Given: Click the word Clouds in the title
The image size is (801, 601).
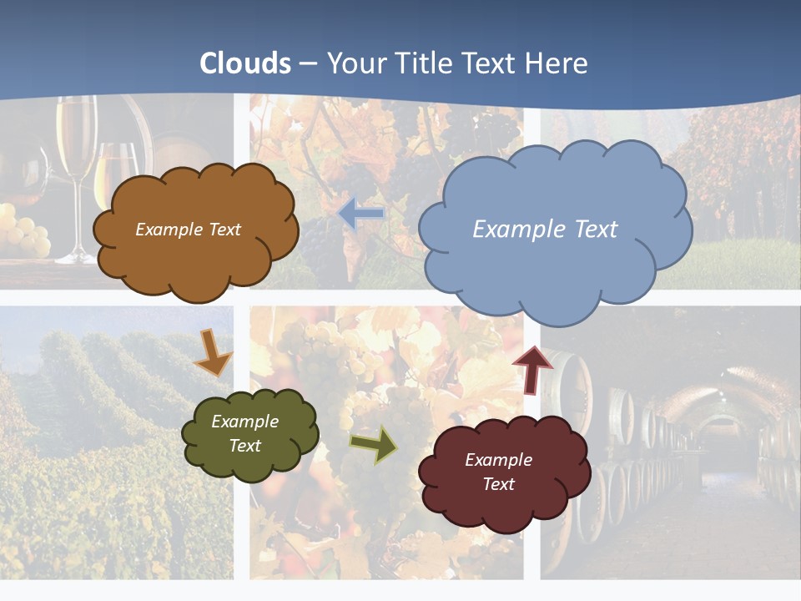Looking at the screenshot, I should (x=245, y=63).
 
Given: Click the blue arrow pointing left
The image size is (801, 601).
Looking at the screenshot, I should (x=361, y=215).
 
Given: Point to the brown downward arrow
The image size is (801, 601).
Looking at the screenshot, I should (x=212, y=353).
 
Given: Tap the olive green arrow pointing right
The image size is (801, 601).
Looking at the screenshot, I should (x=374, y=445).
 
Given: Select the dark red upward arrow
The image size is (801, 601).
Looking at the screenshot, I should (x=532, y=370).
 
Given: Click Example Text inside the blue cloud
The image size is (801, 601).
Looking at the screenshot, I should (x=545, y=230).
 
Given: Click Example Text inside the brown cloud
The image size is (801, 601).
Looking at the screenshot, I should (x=188, y=230).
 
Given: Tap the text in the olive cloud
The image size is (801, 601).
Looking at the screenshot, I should (x=244, y=433).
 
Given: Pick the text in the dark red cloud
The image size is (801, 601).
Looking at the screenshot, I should (x=498, y=472).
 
